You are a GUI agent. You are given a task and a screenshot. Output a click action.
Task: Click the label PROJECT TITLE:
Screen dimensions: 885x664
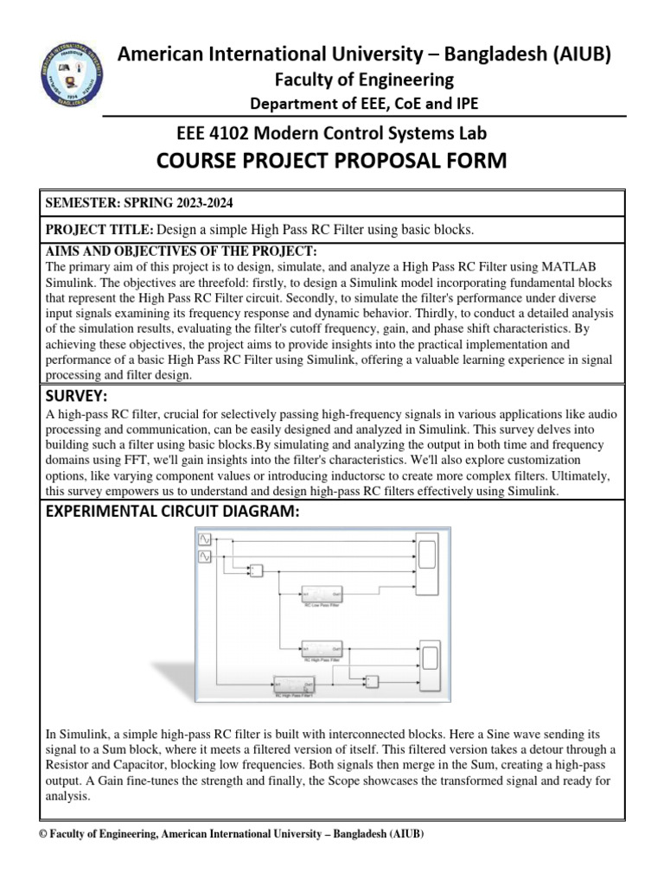point(99,228)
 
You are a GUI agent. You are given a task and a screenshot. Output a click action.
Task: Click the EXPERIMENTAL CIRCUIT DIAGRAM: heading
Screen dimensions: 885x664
point(171,513)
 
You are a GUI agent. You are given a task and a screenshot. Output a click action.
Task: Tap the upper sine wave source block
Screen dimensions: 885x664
point(206,539)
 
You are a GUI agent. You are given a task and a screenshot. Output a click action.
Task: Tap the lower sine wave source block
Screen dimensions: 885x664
point(206,557)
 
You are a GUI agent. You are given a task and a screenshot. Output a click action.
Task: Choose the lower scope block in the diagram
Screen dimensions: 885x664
point(428,665)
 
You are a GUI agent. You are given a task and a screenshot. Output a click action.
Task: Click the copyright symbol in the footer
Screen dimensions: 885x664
point(48,835)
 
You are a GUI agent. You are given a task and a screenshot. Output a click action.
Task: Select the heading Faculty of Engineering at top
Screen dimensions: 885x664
point(363,80)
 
